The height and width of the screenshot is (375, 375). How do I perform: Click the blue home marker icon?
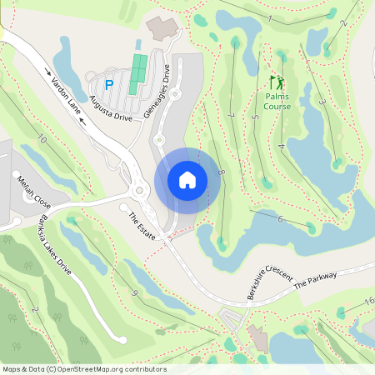187,180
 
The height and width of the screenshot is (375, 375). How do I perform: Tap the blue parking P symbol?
108,83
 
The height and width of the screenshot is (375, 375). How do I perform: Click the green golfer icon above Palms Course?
277,83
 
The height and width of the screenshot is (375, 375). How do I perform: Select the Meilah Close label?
33,192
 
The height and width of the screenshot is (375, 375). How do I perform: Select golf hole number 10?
42,141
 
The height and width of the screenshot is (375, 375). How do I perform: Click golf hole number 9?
133,292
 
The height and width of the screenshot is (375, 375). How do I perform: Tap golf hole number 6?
281,219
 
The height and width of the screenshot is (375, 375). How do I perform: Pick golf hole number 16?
369,301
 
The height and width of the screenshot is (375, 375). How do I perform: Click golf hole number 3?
322,103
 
